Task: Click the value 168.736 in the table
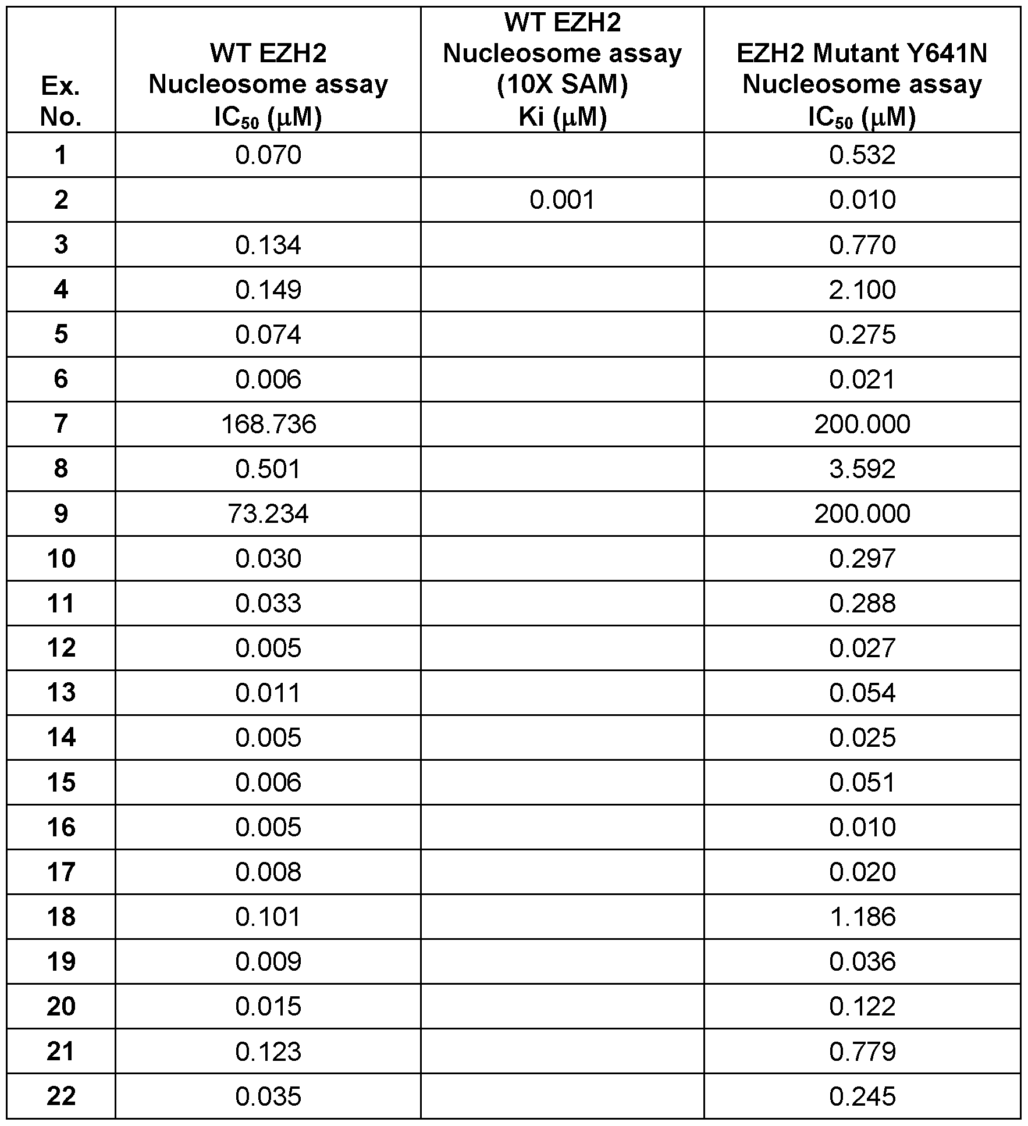coord(268,424)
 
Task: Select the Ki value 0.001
coord(562,200)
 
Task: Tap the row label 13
coord(61,693)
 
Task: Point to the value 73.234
coord(268,514)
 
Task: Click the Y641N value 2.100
coord(862,290)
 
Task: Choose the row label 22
coord(61,1096)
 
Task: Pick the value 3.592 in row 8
coord(862,469)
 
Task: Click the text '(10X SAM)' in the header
coord(562,85)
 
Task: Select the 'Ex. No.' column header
coord(61,102)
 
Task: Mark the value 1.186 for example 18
coord(862,917)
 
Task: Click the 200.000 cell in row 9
coord(862,514)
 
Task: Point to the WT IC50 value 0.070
coord(268,155)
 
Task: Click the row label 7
coord(61,424)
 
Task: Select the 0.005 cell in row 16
coord(268,827)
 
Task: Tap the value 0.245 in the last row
coord(862,1096)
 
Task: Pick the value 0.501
coord(268,469)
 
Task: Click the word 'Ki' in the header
coord(531,117)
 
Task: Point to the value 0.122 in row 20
coord(862,1006)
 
